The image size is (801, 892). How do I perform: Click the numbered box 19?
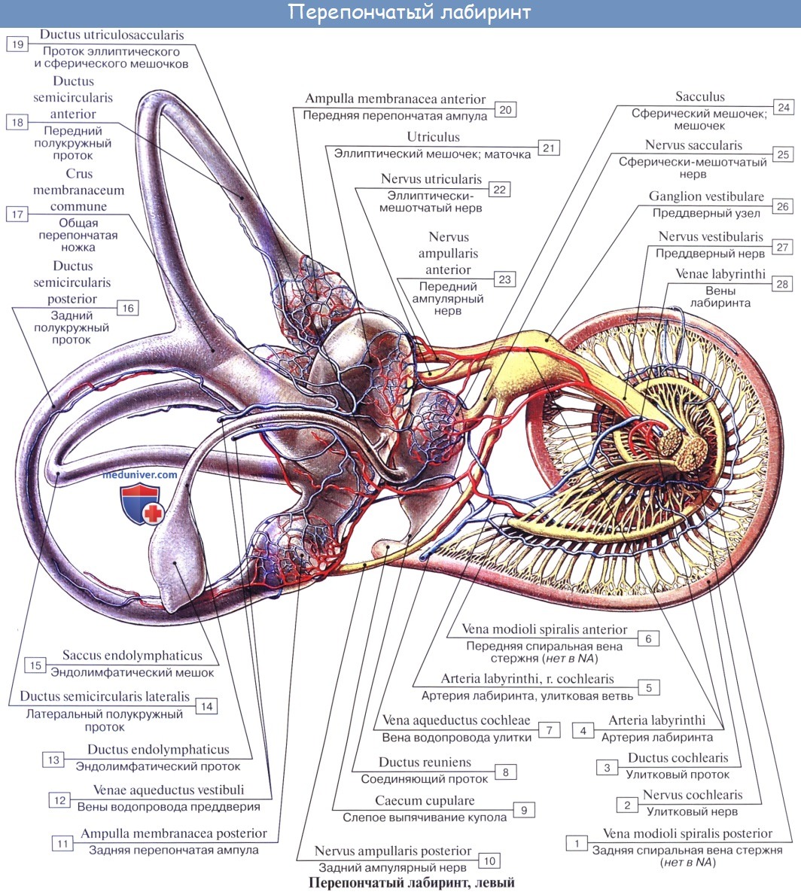coord(17,44)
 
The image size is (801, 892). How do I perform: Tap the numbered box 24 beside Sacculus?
coord(784,108)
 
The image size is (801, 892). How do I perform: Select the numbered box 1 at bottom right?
coord(577,843)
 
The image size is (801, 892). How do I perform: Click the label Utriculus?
coord(434,138)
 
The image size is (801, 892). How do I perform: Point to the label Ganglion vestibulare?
coord(706,196)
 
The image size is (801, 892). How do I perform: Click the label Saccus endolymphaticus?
coord(132,656)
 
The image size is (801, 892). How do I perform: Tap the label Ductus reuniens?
coord(425,763)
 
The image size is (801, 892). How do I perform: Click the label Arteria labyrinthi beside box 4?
coord(657,720)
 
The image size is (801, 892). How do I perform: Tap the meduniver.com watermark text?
coord(140,475)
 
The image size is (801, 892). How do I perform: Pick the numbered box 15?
coord(35,665)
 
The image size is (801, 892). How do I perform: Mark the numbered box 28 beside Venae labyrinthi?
coord(783,284)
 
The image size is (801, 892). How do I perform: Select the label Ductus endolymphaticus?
coord(158,750)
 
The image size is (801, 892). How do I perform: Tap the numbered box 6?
coord(648,638)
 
